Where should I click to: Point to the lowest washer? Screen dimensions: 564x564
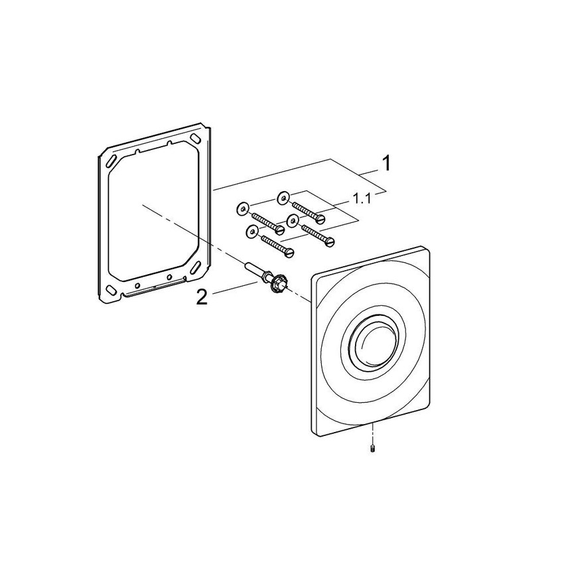click(251, 230)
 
